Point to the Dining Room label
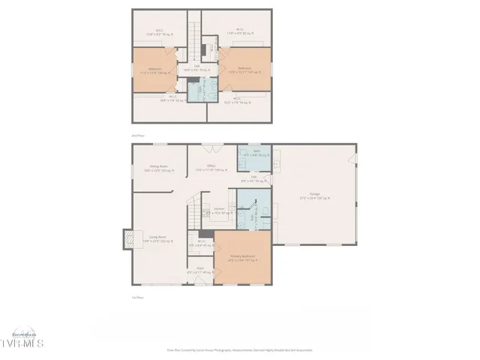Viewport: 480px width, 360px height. (158, 168)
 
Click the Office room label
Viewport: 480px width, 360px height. (211, 168)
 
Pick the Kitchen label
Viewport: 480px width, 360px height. (220, 211)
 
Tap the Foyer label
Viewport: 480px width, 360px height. (200, 270)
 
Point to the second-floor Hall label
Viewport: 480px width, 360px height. (197, 68)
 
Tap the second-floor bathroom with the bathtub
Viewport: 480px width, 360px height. (196, 91)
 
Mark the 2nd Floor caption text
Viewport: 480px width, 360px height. (137, 134)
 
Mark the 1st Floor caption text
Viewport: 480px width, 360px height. (137, 297)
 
